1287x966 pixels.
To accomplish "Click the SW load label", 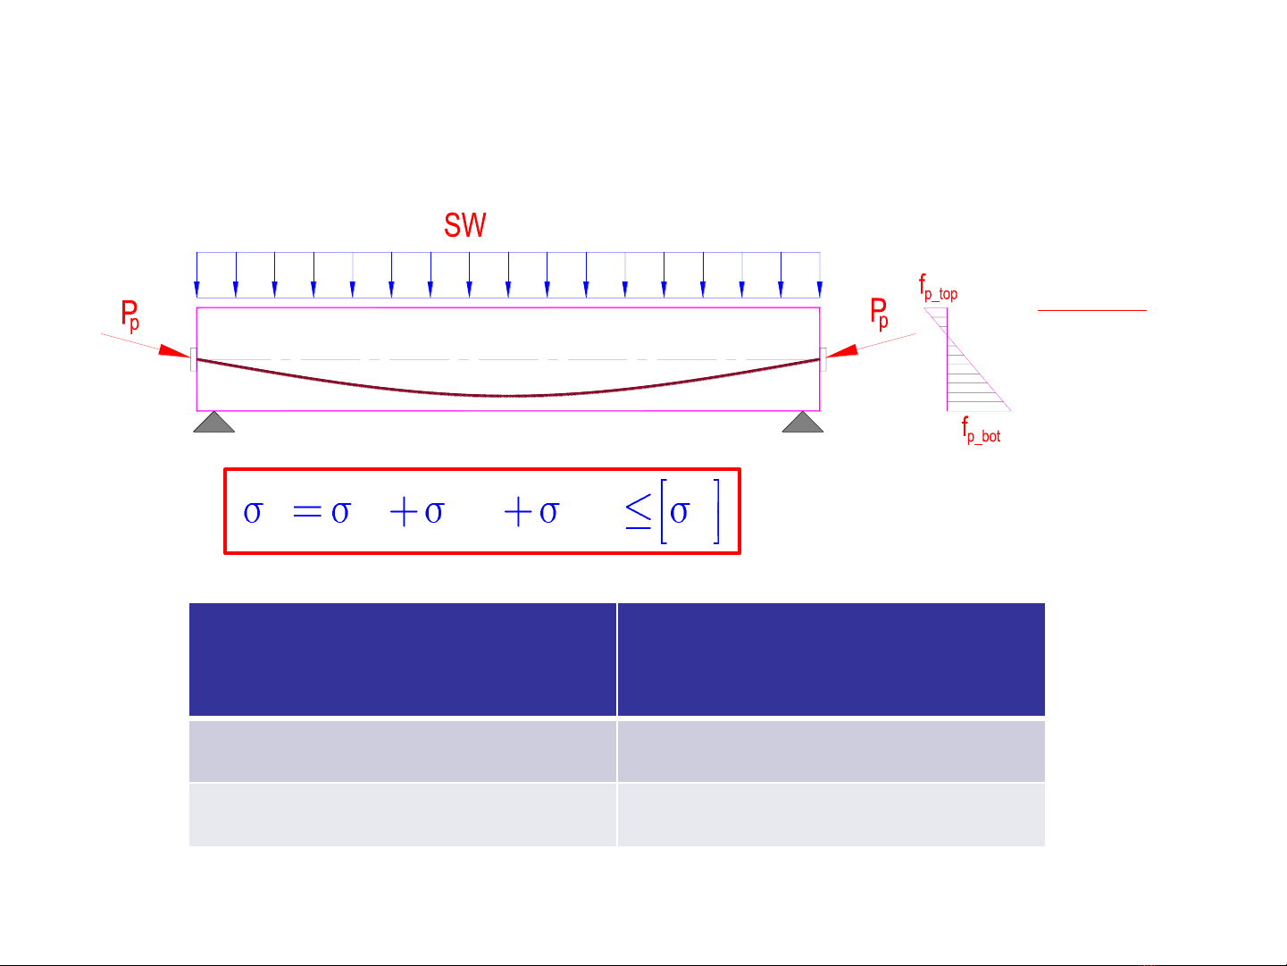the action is pyautogui.click(x=465, y=225).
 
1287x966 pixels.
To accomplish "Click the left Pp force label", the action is pyautogui.click(x=130, y=315).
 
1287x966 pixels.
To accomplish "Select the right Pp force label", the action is pyautogui.click(x=879, y=314).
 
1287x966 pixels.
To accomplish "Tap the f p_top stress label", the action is pyautogui.click(x=938, y=288).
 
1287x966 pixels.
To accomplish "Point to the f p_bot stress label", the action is pyautogui.click(x=981, y=430).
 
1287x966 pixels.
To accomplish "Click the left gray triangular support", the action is pyautogui.click(x=214, y=422).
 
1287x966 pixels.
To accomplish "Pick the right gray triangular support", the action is pyautogui.click(x=803, y=422).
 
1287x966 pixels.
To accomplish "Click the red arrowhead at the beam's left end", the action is pyautogui.click(x=174, y=350).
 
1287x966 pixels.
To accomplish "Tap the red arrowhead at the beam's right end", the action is pyautogui.click(x=842, y=351).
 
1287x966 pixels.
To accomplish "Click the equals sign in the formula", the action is pyautogui.click(x=307, y=512).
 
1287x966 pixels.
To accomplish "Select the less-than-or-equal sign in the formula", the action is pyautogui.click(x=638, y=511).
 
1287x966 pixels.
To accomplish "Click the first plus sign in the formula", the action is pyautogui.click(x=404, y=512).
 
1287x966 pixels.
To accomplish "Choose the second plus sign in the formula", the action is pyautogui.click(x=518, y=512).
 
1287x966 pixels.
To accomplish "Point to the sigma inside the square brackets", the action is pyautogui.click(x=679, y=512).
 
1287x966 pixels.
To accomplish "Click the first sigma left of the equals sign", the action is pyautogui.click(x=253, y=512).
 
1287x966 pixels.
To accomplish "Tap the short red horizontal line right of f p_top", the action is pyautogui.click(x=1091, y=310).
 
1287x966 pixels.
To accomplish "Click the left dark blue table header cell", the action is pyautogui.click(x=403, y=659).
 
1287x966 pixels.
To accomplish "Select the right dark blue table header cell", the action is pyautogui.click(x=832, y=659).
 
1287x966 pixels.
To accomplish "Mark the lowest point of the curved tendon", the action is pyautogui.click(x=508, y=396).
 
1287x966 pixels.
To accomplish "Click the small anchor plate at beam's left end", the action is pyautogui.click(x=194, y=359).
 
